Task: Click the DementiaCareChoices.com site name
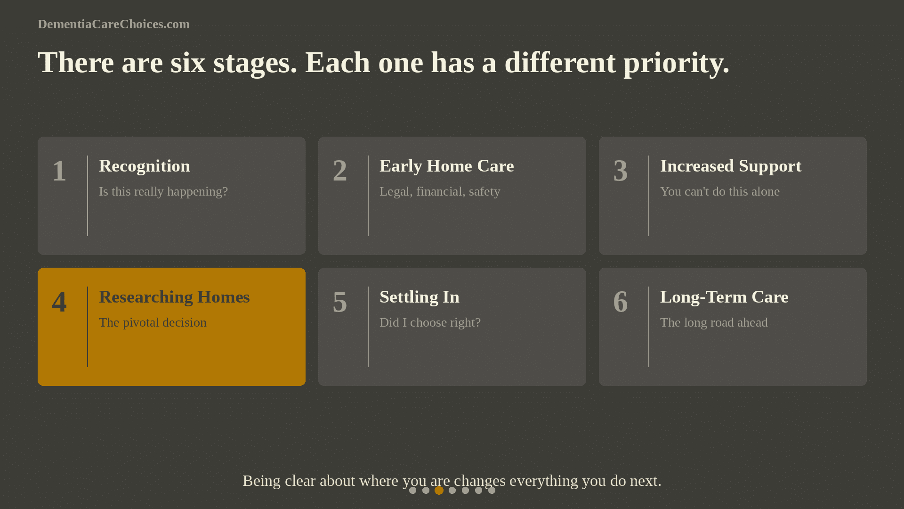coord(113,24)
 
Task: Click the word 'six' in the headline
coord(188,63)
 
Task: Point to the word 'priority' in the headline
coord(676,63)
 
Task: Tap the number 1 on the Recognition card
coord(59,171)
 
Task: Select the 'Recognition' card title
coord(145,166)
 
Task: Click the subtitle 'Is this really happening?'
coord(163,191)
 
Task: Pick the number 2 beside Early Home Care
coord(339,171)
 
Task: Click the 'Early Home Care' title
coord(446,166)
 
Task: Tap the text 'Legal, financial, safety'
coord(439,191)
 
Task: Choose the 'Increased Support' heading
coord(730,166)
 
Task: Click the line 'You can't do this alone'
coord(719,191)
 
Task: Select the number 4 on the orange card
coord(59,302)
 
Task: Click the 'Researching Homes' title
coord(174,297)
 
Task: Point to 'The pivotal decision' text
coord(153,322)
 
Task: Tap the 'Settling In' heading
coord(419,297)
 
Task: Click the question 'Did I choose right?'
coord(430,322)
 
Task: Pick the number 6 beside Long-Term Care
coord(620,302)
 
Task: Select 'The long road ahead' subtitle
coord(713,322)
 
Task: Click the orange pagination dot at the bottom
coord(439,490)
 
